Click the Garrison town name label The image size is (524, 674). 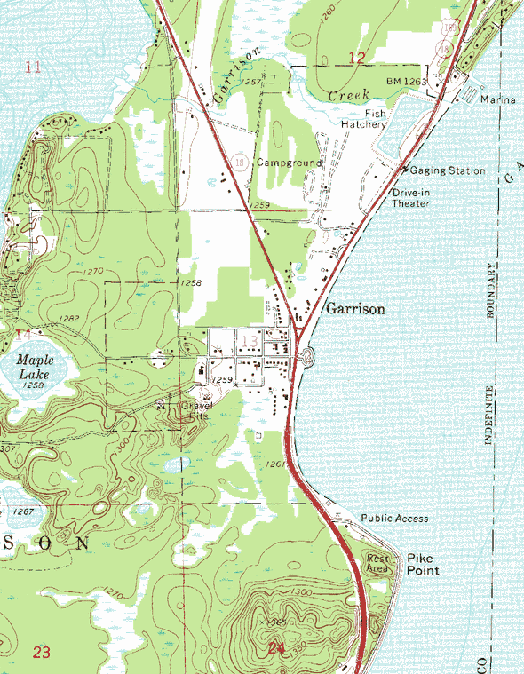click(x=355, y=309)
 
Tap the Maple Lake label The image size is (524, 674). click(x=34, y=368)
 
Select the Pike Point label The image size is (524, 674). click(x=423, y=564)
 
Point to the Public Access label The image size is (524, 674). click(x=394, y=518)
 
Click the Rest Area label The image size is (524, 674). click(x=379, y=563)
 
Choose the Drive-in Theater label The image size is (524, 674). click(x=411, y=198)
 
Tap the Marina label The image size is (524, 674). click(x=497, y=99)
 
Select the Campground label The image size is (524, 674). click(x=289, y=163)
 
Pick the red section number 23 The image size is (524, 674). click(x=41, y=653)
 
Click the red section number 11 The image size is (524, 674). click(x=34, y=67)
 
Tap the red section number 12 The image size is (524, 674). click(x=356, y=58)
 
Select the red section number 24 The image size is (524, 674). click(x=276, y=649)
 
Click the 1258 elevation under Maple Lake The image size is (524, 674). click(x=34, y=385)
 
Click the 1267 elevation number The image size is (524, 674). click(x=24, y=512)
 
